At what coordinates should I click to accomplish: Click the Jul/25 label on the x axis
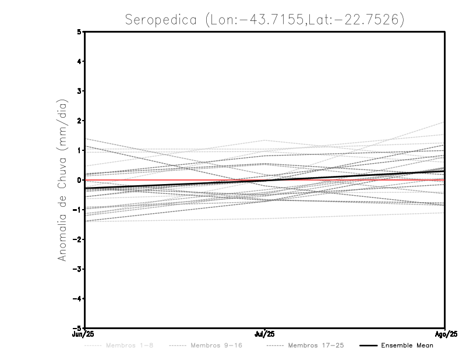click(x=265, y=334)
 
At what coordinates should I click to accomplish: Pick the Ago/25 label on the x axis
click(x=445, y=334)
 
